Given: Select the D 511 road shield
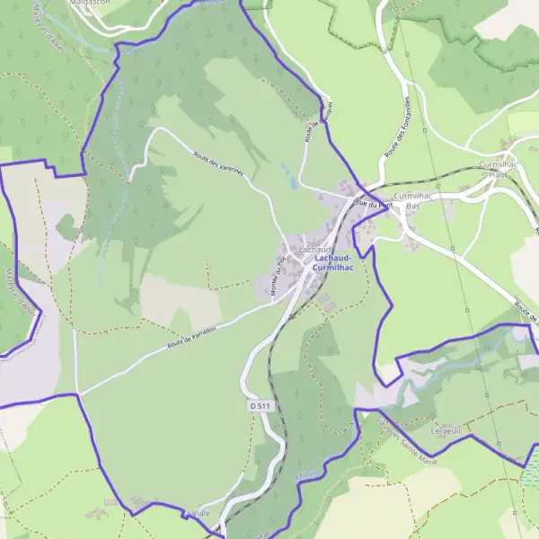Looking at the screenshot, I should [x=260, y=407].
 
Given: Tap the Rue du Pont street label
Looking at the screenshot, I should [x=375, y=204].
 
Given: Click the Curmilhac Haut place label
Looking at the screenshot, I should [x=499, y=170].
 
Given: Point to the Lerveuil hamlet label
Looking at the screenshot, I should [x=446, y=430].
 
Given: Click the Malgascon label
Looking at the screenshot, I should [x=91, y=4].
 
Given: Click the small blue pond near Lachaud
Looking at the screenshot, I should [x=294, y=183].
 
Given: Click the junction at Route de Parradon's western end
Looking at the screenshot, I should [x=78, y=393].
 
